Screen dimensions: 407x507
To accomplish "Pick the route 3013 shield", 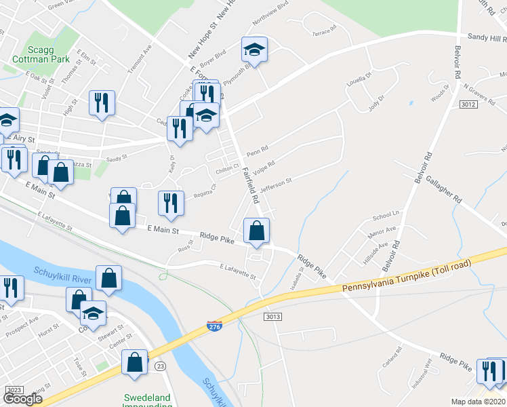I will click(272, 317).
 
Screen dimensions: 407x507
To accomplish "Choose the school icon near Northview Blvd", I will click(254, 50).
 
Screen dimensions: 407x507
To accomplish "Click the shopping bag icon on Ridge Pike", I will click(257, 231).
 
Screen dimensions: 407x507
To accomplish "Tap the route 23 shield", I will click(160, 366).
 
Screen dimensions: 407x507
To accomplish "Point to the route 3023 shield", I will click(15, 390).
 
